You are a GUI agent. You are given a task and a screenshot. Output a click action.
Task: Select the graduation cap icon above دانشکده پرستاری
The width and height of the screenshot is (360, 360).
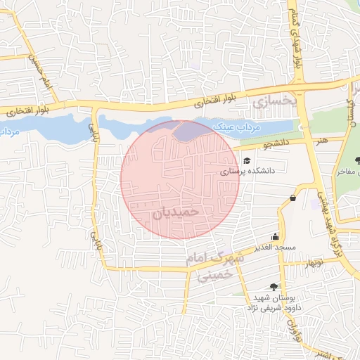click(x=247, y=161)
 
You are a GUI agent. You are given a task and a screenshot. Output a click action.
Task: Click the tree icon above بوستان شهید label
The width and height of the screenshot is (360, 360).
click(x=274, y=287)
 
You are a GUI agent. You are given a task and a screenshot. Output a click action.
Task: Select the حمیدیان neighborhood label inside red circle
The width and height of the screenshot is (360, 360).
click(x=176, y=210)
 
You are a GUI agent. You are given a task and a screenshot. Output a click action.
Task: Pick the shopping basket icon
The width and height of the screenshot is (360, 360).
click(x=292, y=199)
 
